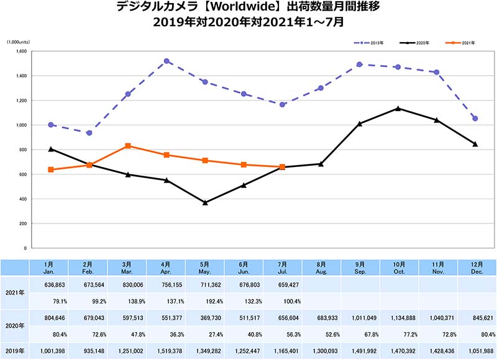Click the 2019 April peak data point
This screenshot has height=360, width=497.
(167, 61)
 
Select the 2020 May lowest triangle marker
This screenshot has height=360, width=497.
(205, 203)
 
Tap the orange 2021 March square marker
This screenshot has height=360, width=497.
(128, 146)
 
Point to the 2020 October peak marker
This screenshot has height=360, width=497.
(398, 109)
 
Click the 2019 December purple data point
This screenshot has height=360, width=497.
(475, 119)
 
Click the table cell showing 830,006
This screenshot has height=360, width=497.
(127, 284)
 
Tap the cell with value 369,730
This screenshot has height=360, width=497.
(205, 317)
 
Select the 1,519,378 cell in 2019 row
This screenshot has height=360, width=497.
(166, 350)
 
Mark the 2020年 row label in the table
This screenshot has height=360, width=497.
(15, 325)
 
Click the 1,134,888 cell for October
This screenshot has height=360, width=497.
(398, 317)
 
